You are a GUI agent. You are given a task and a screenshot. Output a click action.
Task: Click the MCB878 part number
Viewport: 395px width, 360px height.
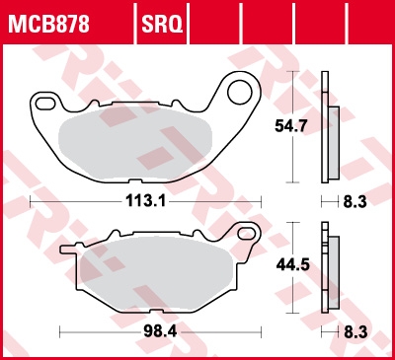(48, 24)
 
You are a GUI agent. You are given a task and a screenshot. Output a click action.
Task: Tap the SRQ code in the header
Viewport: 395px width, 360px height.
(162, 24)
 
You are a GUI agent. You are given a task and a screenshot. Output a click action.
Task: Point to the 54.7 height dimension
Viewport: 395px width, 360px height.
(291, 126)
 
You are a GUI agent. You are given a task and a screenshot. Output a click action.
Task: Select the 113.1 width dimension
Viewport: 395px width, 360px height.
(146, 201)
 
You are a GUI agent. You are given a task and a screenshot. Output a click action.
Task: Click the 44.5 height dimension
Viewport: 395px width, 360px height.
(292, 264)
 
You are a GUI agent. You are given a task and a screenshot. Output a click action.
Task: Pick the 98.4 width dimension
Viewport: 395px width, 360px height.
(160, 331)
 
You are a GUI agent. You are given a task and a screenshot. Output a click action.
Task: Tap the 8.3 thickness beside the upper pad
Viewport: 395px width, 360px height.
(355, 201)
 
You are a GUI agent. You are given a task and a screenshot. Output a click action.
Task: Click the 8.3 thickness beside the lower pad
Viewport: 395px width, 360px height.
(355, 332)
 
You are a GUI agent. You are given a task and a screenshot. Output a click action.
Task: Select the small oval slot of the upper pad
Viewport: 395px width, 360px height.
(44, 104)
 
